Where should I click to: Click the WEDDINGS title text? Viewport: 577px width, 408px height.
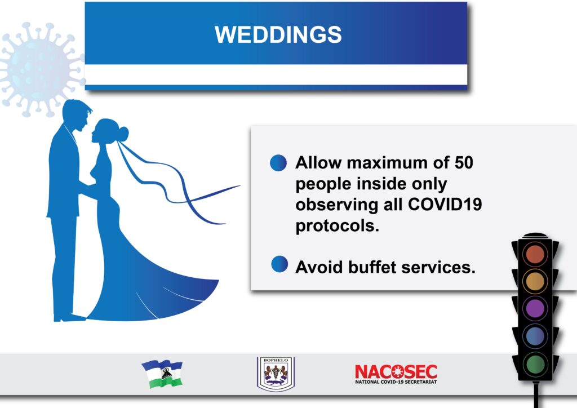(278, 34)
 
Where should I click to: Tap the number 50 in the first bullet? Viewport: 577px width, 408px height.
(464, 163)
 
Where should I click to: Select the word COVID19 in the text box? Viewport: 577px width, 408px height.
(445, 204)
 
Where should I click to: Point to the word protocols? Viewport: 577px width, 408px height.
(337, 225)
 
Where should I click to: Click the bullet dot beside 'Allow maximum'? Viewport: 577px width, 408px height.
(278, 163)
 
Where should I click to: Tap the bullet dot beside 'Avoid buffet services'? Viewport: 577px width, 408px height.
(279, 264)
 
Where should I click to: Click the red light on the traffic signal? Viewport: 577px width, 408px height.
(535, 254)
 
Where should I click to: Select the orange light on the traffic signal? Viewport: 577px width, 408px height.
(535, 281)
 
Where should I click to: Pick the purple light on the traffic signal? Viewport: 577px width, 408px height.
(535, 308)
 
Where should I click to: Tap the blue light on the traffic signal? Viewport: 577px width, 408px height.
(535, 336)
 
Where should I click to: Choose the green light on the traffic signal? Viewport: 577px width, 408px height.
(535, 363)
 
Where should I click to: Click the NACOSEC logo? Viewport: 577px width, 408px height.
(396, 374)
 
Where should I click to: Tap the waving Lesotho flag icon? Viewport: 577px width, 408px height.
(162, 374)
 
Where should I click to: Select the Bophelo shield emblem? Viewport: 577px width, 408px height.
(276, 374)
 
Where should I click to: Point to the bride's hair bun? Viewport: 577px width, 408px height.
(123, 133)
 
